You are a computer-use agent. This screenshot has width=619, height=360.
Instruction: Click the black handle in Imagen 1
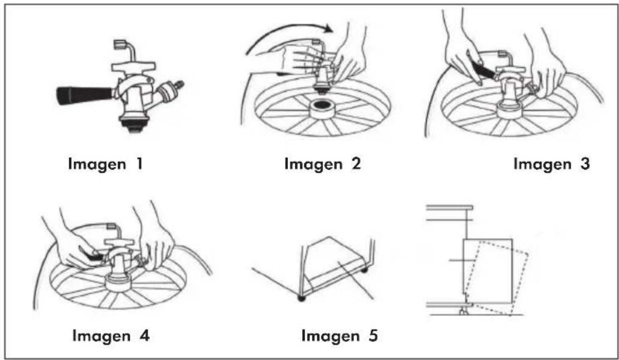(85, 95)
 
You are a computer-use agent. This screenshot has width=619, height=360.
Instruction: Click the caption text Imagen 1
(106, 164)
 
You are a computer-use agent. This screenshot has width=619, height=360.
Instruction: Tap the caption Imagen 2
(323, 164)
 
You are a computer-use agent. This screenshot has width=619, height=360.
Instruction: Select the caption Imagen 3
(551, 164)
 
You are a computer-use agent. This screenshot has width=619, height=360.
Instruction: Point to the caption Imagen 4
(111, 336)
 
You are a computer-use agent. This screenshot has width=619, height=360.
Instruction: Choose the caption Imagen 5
(340, 336)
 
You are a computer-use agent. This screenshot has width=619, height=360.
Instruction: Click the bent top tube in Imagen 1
(125, 49)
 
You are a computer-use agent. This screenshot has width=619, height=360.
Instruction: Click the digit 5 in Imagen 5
(373, 336)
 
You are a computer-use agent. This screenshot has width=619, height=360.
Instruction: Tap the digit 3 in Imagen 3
(585, 163)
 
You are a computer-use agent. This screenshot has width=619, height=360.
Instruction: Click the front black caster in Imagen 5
(302, 298)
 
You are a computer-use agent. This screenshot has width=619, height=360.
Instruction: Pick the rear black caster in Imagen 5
(364, 270)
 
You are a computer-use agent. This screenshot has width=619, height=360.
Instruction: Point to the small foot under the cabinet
(463, 311)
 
